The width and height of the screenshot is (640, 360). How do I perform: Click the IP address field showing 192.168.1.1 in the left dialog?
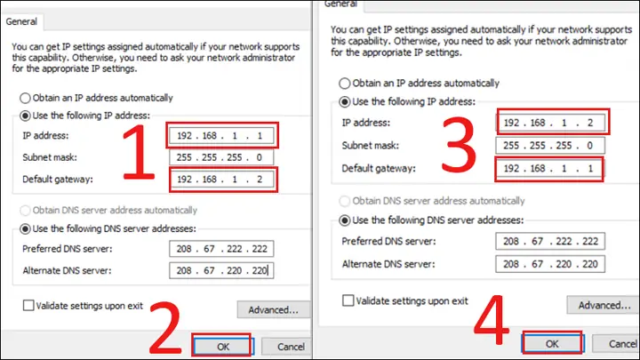[221, 135]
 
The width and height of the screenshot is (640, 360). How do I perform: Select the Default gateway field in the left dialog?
[221, 180]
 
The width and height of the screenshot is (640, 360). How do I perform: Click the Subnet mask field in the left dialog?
[221, 157]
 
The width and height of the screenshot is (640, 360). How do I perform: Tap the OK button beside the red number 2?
[223, 347]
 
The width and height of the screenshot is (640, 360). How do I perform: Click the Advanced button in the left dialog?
[274, 310]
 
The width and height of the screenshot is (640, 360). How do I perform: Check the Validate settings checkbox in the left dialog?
[28, 305]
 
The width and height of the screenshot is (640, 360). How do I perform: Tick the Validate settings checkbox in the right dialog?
[348, 300]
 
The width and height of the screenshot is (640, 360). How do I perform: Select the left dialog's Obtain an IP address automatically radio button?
[25, 98]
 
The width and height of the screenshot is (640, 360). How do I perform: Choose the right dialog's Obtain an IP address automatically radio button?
[345, 84]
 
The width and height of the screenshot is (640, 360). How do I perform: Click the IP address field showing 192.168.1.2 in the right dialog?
[550, 123]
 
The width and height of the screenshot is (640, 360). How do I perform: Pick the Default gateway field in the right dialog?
[550, 168]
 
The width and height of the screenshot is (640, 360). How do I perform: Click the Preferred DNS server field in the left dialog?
[221, 249]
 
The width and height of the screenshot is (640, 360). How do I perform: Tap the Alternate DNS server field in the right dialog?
[550, 264]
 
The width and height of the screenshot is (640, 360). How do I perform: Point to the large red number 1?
[140, 152]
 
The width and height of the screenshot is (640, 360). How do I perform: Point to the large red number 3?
[459, 144]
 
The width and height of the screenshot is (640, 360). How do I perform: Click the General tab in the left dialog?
[21, 21]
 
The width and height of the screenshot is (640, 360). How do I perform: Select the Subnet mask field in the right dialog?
[550, 145]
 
